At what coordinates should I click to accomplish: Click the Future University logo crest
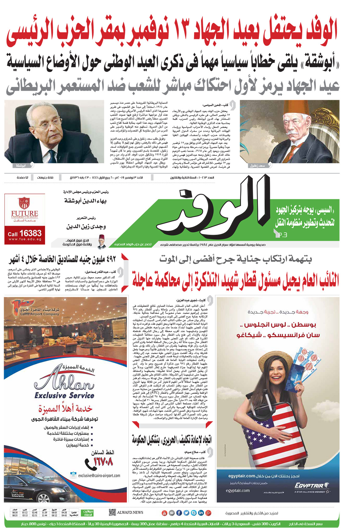(24, 203)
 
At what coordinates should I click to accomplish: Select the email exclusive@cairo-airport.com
(99, 475)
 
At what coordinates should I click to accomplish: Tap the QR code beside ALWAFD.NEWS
(112, 512)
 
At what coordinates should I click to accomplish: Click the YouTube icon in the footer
(164, 513)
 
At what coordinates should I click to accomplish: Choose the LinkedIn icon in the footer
(201, 513)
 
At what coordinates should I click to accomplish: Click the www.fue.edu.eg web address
(25, 240)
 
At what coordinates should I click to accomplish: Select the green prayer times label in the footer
(87, 513)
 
